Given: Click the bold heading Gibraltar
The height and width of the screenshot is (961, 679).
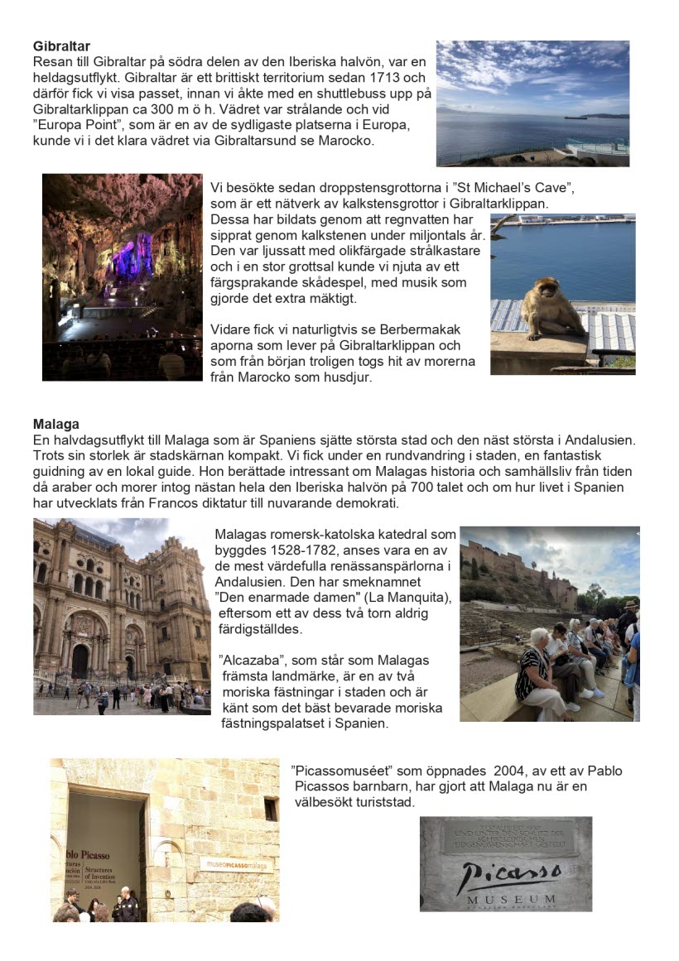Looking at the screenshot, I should click(x=61, y=46).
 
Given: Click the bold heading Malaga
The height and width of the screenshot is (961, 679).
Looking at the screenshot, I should click(x=55, y=425).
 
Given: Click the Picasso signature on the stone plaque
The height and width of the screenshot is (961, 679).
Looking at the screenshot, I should click(x=507, y=874).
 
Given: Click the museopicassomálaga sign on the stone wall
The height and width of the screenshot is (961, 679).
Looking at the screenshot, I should click(x=235, y=864).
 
